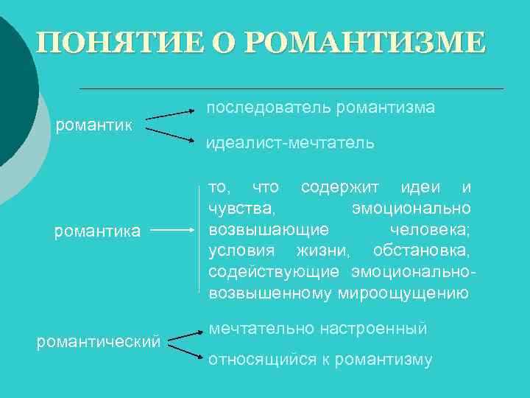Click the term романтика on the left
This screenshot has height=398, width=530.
coord(98,231)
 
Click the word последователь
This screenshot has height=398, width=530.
coord(269,108)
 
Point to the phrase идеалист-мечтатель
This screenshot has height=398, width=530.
coord(291,143)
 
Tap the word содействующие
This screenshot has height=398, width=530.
coord(274,271)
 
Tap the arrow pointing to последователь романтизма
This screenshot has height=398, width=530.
coord(169,114)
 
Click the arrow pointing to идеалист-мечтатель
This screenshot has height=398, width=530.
coord(169,133)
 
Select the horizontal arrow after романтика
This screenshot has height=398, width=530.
coord(177,230)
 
